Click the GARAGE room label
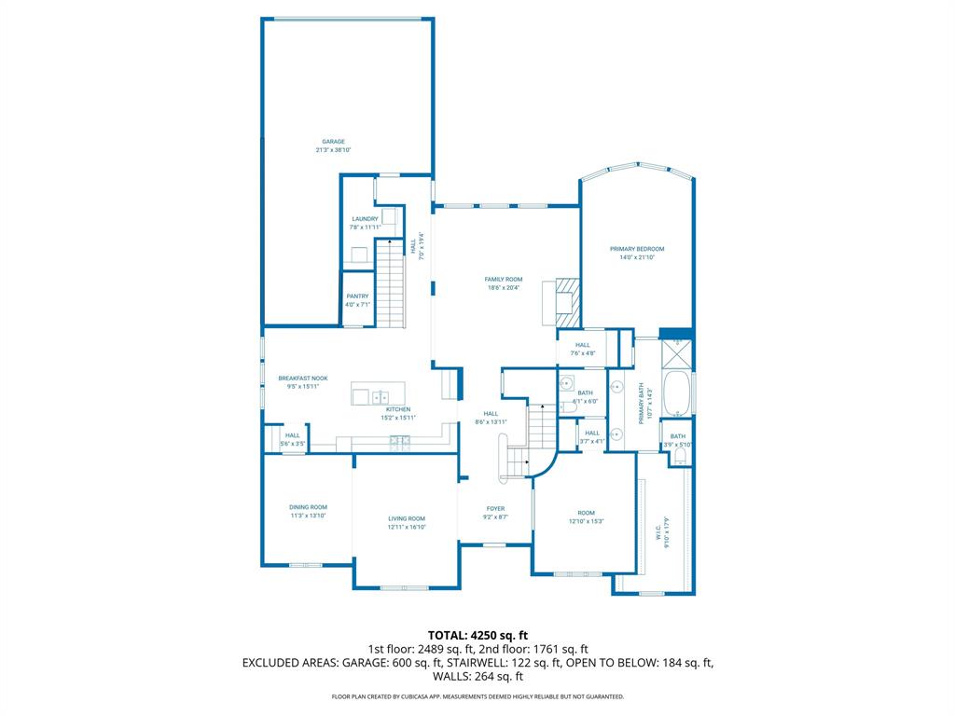click(x=333, y=142)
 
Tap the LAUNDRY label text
click(x=365, y=219)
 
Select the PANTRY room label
click(x=357, y=296)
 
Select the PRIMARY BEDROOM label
click(x=637, y=249)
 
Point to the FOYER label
click(x=494, y=509)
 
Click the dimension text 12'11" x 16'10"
click(x=407, y=527)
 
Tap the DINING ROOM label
click(x=308, y=507)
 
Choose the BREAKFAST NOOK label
click(x=303, y=379)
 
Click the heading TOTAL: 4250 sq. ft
click(x=477, y=635)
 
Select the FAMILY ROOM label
click(x=503, y=280)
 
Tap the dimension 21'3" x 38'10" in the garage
click(x=333, y=150)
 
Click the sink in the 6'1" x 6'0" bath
click(x=567, y=383)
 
